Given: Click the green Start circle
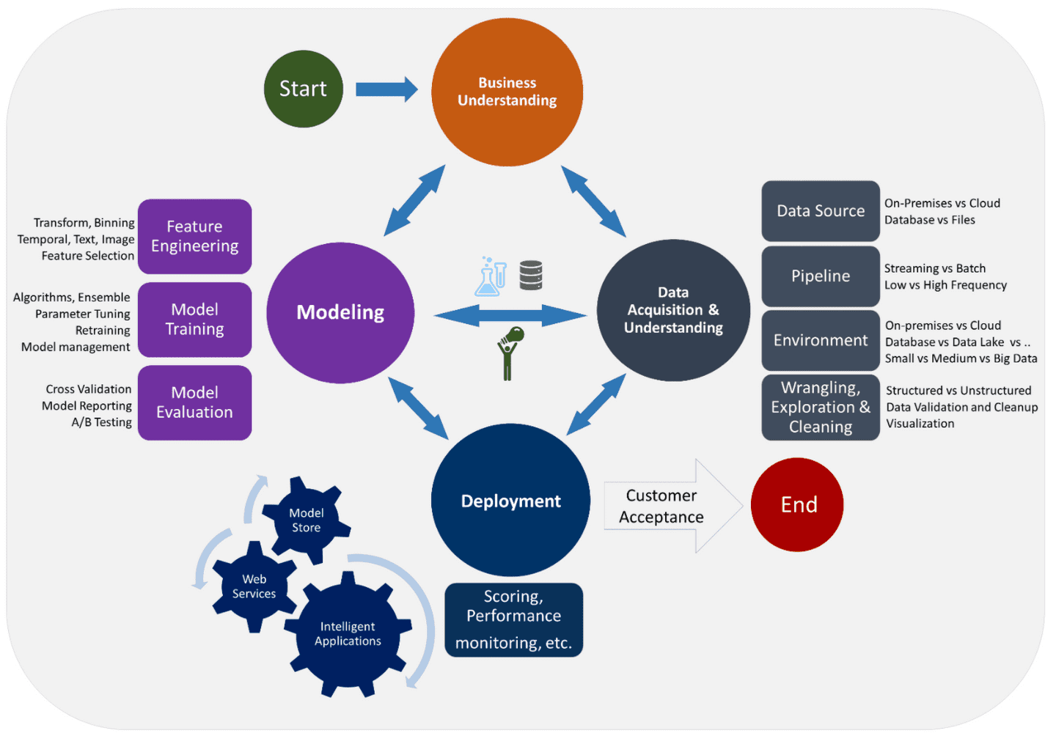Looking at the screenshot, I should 303,89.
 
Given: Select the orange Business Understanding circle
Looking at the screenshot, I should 507,92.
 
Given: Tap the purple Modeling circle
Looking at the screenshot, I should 340,312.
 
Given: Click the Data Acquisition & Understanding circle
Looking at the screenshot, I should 673,310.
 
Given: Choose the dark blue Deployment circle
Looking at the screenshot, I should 510,501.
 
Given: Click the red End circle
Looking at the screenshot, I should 798,504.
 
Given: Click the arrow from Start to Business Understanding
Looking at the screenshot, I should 386,89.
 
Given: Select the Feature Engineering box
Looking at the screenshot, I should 194,236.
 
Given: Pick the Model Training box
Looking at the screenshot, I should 194,320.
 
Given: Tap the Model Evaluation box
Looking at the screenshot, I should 194,402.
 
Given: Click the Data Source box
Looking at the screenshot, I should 820,211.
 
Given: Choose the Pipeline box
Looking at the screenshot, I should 820,276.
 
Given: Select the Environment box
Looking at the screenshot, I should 820,340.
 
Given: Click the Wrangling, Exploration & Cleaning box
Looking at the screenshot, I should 820,408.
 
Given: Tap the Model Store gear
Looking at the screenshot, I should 307,520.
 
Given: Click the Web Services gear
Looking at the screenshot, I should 254,586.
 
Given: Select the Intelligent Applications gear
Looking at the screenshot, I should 348,634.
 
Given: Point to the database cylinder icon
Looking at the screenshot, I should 531,276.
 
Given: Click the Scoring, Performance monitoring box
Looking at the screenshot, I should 513,619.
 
